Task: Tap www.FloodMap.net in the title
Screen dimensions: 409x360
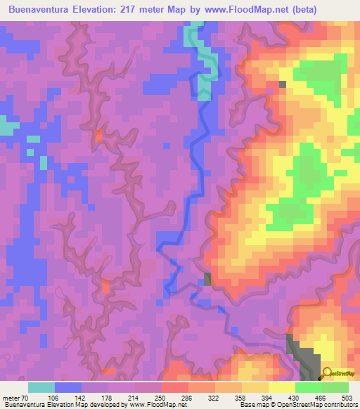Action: point(228,10)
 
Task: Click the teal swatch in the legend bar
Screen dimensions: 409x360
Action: point(41,388)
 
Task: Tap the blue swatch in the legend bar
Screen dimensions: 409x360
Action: point(68,388)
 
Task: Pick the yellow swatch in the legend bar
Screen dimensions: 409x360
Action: point(282,388)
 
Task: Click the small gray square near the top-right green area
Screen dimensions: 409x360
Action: point(283,84)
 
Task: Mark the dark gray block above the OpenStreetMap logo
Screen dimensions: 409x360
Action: point(300,351)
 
